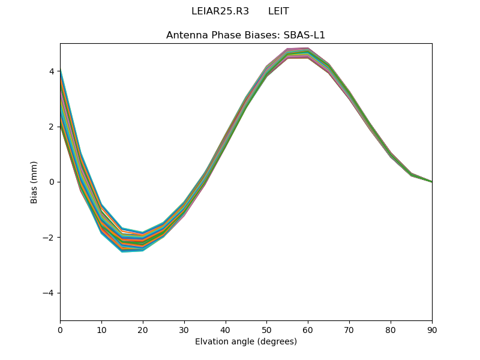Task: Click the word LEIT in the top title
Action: point(278,11)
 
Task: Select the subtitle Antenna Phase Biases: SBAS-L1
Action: point(245,35)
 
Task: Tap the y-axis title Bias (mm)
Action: point(34,182)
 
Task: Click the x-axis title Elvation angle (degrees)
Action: point(245,341)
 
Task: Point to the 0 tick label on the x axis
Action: point(60,329)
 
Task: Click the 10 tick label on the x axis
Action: point(101,329)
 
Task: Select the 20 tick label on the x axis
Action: point(143,329)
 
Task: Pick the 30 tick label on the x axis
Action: point(184,329)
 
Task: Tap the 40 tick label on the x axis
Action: point(226,329)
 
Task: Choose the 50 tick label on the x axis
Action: point(266,329)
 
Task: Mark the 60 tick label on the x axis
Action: point(308,329)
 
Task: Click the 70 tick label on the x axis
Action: point(349,329)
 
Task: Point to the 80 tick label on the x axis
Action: point(391,329)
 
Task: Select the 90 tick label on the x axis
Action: point(432,329)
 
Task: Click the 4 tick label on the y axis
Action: point(52,71)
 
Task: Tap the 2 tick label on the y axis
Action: point(52,127)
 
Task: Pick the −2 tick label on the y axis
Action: point(49,238)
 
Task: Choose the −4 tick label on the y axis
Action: point(49,293)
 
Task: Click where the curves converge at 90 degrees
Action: point(431,182)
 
